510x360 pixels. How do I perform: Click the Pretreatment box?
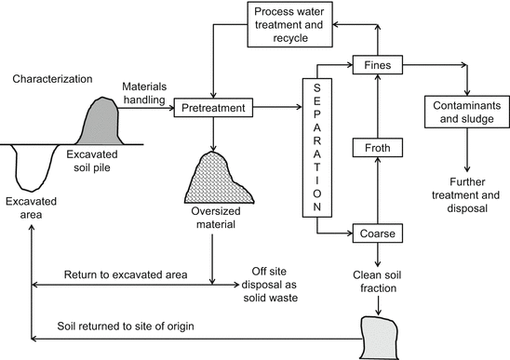point(214,109)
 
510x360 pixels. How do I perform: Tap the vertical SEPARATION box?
point(315,143)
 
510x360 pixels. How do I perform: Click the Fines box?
point(376,66)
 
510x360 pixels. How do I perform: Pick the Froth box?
point(376,146)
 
